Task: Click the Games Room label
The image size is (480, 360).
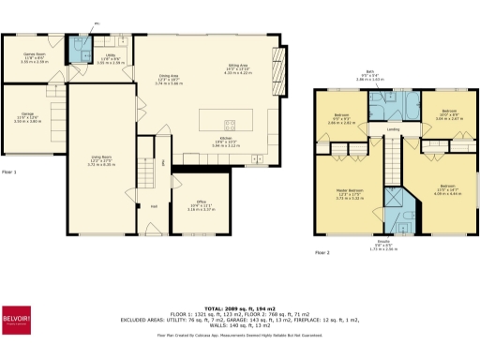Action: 35,54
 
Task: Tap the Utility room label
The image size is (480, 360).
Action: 111,54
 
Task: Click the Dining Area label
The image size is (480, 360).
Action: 169,75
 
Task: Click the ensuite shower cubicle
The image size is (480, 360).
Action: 395,201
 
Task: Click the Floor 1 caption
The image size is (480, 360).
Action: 10,172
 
